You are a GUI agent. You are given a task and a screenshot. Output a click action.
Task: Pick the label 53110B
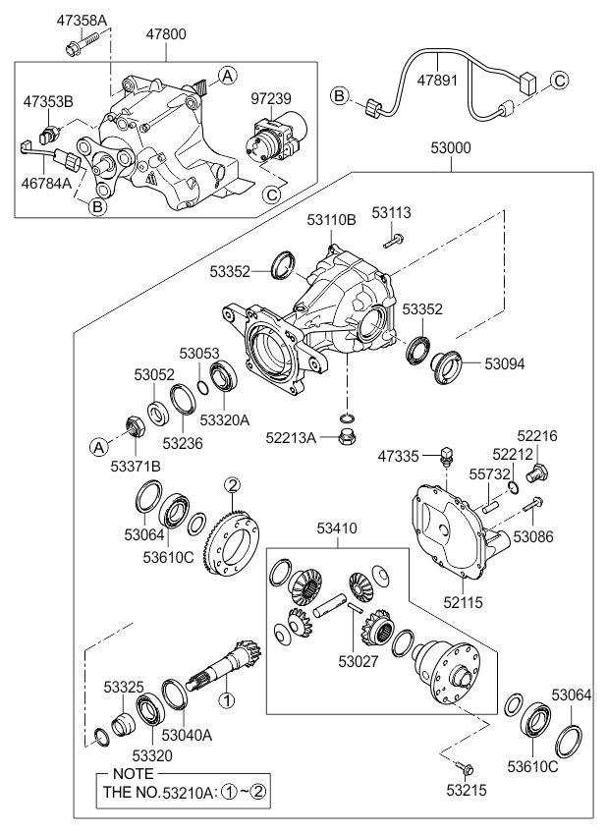330,223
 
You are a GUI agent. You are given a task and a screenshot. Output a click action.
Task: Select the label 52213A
291,438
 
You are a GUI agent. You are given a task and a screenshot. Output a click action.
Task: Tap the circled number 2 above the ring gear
232,483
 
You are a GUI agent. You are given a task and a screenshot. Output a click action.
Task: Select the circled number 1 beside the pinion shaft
226,701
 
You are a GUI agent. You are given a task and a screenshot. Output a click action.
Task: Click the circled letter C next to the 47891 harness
559,81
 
